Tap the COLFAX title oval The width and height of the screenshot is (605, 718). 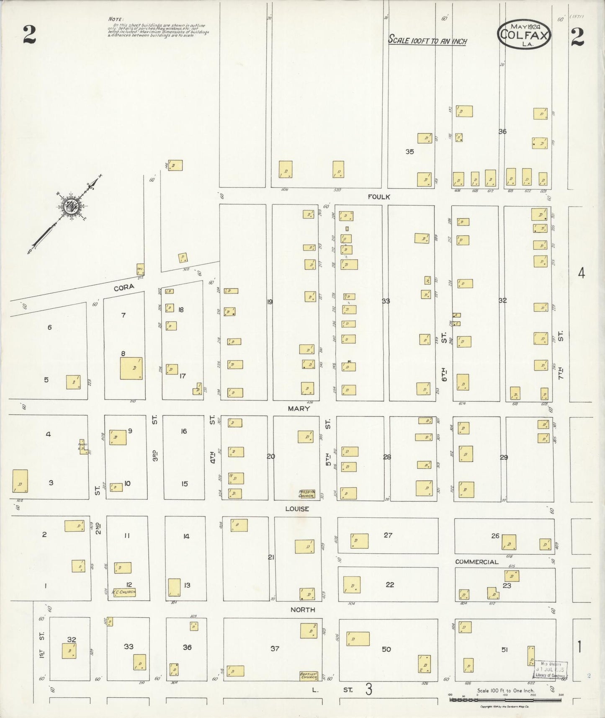(524, 34)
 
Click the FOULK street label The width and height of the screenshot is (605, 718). (379, 196)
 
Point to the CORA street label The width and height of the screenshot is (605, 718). (124, 287)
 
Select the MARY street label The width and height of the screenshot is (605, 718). (299, 408)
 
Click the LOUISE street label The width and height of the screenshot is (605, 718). (297, 509)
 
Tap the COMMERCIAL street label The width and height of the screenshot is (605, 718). (476, 562)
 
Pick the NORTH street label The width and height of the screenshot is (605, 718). (302, 610)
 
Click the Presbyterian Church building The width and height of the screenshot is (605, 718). (306, 494)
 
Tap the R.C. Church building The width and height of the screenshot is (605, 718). (124, 592)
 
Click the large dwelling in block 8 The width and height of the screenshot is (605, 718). (131, 368)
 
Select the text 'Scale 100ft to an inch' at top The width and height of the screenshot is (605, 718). (427, 40)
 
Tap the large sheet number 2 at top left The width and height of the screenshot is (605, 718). (29, 35)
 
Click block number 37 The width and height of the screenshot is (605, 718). (275, 648)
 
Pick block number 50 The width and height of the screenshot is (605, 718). (386, 649)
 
